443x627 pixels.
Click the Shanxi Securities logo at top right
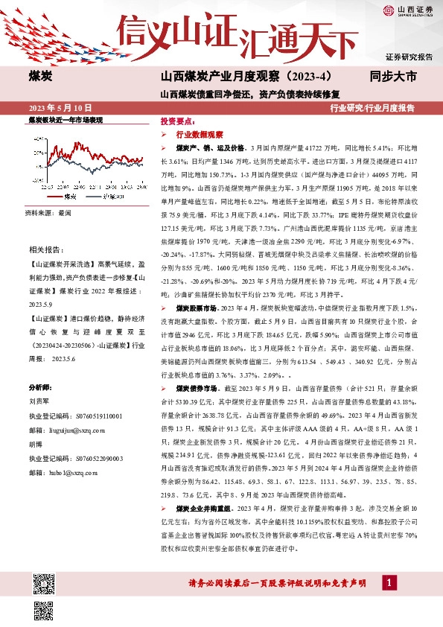coord(408,10)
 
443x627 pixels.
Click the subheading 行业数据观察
coord(200,135)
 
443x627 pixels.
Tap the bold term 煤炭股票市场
coord(197,307)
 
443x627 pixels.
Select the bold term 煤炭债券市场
coord(197,389)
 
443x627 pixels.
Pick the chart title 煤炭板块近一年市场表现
coord(65,119)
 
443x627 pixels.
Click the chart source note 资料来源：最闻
coord(47,212)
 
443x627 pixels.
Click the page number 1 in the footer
coord(387,602)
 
